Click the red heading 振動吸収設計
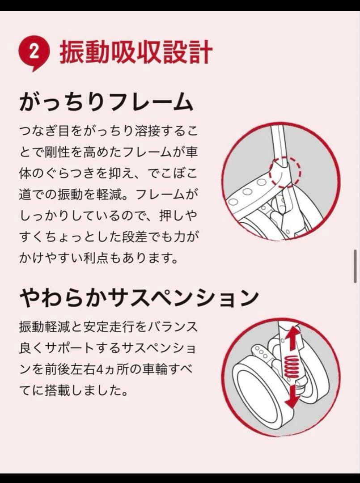[x=136, y=52]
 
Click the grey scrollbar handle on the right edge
[x=356, y=266]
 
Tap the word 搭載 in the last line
[x=52, y=390]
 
